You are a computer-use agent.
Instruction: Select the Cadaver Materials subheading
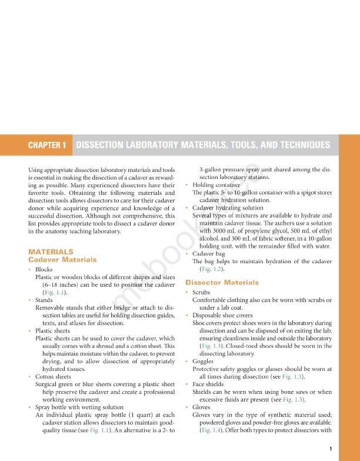(62, 260)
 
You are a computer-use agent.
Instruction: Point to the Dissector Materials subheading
(222, 283)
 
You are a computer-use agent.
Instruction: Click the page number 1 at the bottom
(331, 449)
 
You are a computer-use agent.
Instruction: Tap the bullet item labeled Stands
(44, 300)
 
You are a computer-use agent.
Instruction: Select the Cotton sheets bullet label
(53, 376)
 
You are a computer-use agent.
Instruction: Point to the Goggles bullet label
(203, 361)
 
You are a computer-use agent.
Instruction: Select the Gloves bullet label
(201, 407)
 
